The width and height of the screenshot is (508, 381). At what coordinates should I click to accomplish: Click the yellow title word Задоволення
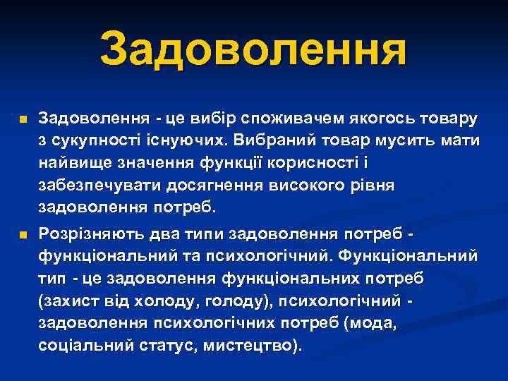pos(253,49)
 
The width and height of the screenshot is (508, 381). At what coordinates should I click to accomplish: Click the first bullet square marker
pos(23,121)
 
